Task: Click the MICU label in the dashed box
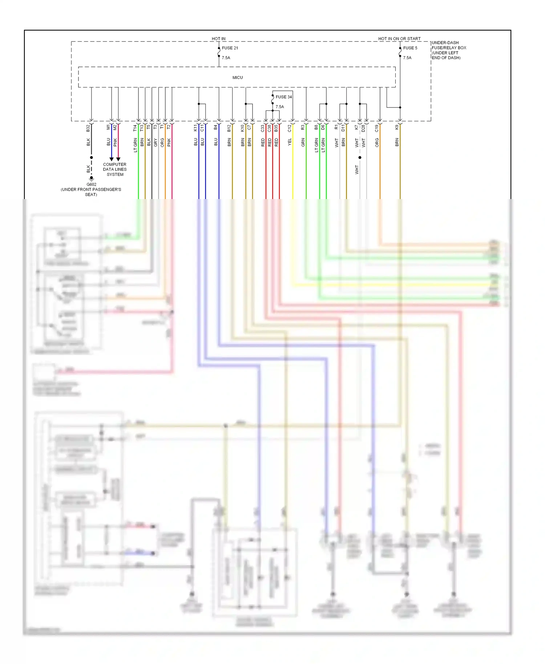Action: (238, 77)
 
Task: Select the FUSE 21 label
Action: (230, 48)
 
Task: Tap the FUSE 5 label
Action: (410, 48)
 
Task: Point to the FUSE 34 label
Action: (283, 97)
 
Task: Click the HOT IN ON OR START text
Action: (399, 39)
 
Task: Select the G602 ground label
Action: (91, 185)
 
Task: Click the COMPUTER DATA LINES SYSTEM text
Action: (115, 169)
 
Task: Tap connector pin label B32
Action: (88, 128)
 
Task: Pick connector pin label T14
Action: (135, 128)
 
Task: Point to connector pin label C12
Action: (290, 128)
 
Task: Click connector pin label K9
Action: (397, 127)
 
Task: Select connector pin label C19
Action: (377, 128)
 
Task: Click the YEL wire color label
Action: (290, 142)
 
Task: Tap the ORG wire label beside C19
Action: (377, 142)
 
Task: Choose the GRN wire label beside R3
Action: (303, 142)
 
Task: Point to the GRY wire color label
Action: (156, 142)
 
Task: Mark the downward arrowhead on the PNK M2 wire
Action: (118, 159)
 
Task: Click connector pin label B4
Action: (215, 127)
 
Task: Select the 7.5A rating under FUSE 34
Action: (279, 107)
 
